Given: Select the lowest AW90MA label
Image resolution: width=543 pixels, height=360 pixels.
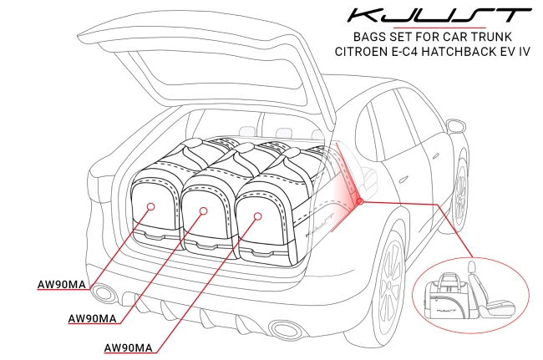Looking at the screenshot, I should tap(127, 347).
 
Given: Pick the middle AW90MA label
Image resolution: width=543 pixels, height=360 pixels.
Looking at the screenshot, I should tap(94, 317).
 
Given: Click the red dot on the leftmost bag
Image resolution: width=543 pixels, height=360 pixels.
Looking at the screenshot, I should tap(151, 205).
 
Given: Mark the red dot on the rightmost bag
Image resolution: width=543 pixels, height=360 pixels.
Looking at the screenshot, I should tap(258, 215).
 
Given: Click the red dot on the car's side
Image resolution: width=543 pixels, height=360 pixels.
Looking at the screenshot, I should tap(358, 201).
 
